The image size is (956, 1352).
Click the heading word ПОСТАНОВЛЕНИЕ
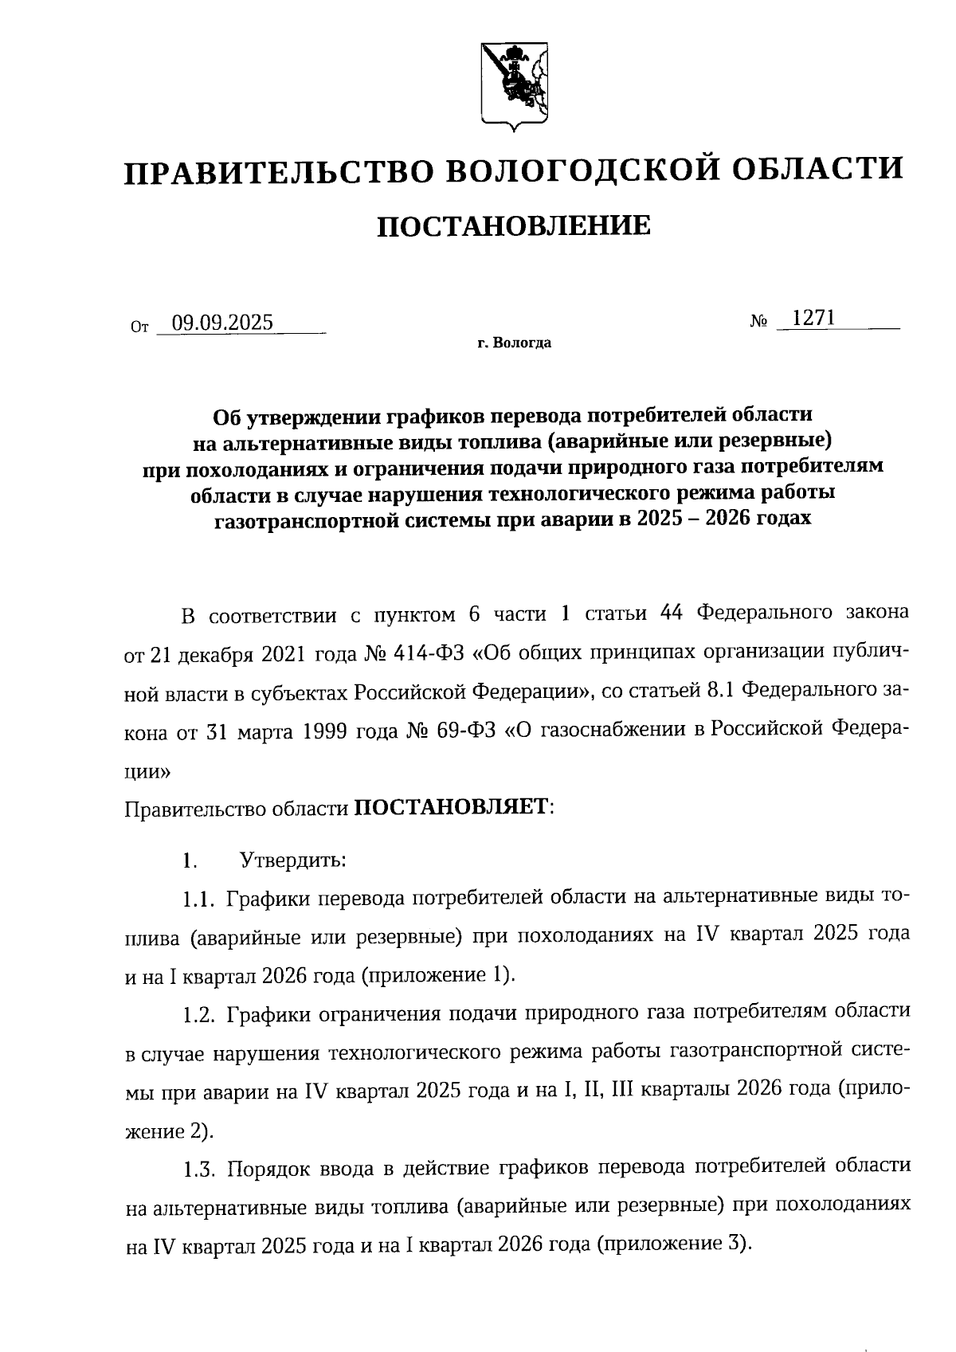pyautogui.click(x=514, y=226)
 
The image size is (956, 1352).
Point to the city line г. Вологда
pyautogui.click(x=515, y=344)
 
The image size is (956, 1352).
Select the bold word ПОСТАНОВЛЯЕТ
pyautogui.click(x=451, y=807)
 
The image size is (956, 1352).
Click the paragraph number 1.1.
pyautogui.click(x=199, y=899)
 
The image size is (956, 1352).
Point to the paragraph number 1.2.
pyautogui.click(x=199, y=1014)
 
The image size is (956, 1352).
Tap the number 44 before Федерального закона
pyautogui.click(x=674, y=614)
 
